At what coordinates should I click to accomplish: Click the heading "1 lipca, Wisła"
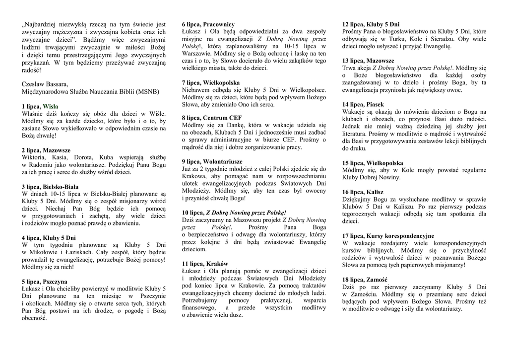[40, 107]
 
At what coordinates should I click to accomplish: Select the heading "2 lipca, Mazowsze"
[46, 150]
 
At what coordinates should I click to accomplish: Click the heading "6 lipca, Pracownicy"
[208, 24]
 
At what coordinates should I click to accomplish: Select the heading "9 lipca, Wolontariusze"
[212, 161]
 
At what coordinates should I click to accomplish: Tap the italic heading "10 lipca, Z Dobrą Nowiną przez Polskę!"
[234, 212]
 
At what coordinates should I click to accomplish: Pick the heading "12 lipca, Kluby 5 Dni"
[371, 24]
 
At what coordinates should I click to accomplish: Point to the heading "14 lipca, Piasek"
[363, 104]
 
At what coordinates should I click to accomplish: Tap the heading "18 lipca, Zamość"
[365, 280]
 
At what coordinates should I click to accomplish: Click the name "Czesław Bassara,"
[45, 84]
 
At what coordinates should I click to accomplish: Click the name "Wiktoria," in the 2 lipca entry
[35, 157]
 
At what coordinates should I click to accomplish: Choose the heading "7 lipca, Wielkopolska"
[211, 82]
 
